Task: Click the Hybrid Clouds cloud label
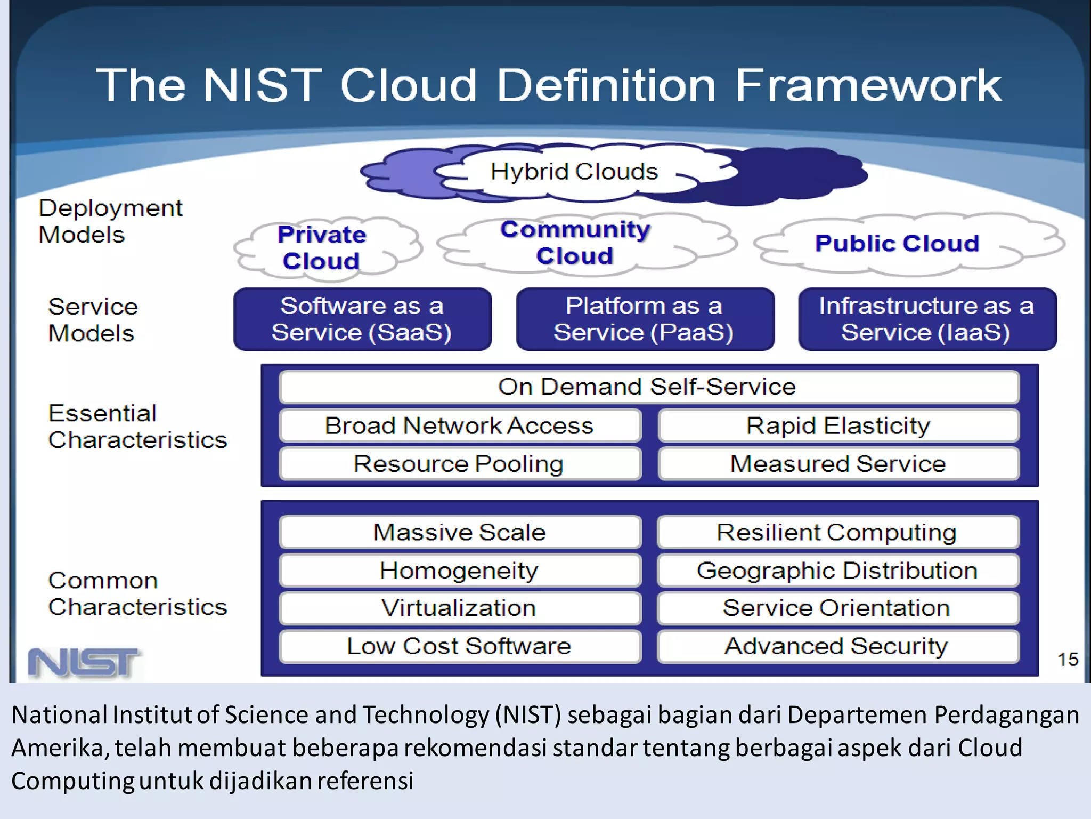574,172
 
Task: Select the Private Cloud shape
322,248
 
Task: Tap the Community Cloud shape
575,243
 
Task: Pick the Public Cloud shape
897,244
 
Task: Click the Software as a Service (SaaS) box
362,319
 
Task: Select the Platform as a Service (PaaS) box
645,319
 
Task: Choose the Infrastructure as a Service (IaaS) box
927,319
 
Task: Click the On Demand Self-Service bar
648,387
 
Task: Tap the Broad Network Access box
460,425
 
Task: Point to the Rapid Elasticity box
838,425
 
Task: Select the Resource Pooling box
460,464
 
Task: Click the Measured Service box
838,464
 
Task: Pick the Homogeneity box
460,571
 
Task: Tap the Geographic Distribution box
837,571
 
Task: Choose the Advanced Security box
837,646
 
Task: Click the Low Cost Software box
460,646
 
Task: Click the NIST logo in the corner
84,663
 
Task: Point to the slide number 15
1068,660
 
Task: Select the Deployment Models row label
110,221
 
